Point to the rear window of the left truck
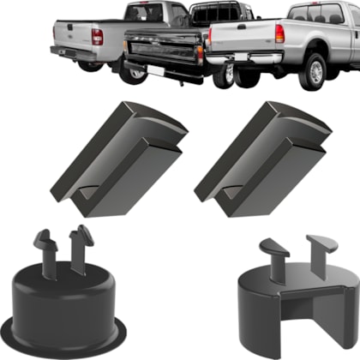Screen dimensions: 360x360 (143, 12)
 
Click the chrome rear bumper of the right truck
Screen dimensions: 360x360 (249, 57)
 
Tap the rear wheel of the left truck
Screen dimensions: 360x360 (134, 73)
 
